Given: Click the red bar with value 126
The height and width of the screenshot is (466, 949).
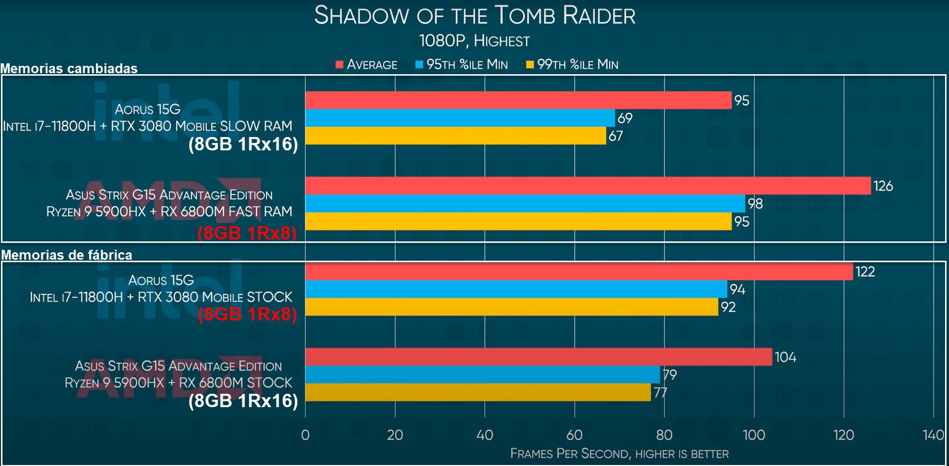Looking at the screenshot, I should (587, 186).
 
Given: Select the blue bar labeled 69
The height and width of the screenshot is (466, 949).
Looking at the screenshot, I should (460, 118).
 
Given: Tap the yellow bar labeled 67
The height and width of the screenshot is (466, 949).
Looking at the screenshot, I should (455, 136).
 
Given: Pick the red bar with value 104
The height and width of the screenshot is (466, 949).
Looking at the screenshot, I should (538, 357).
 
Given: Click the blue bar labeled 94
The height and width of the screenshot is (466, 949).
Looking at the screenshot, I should (516, 289).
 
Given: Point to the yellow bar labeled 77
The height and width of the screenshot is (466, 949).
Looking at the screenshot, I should (478, 392).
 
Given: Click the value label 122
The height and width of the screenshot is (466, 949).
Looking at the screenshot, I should (865, 272).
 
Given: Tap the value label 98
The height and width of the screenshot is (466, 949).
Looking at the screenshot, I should (755, 203).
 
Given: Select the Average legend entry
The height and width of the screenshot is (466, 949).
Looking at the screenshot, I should (366, 65).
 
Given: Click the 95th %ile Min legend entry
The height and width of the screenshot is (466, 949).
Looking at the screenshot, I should (461, 65).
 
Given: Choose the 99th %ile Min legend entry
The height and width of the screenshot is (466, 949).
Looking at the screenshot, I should (572, 65).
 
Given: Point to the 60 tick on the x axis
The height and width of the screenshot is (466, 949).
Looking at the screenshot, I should (574, 435).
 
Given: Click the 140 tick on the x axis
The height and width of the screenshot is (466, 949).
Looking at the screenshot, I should (933, 435).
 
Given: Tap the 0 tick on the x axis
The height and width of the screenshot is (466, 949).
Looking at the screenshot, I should (305, 435).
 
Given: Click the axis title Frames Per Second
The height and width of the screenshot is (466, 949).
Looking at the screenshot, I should (619, 454).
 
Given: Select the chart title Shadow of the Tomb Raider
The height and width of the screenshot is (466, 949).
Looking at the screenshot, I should (475, 15).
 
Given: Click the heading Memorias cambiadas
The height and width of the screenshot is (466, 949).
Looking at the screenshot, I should (69, 68).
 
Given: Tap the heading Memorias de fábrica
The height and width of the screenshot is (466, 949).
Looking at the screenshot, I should (67, 255).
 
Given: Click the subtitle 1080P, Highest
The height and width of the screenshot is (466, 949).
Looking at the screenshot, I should (474, 41).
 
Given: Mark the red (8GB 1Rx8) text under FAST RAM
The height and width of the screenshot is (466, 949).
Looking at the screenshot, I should (247, 233).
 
